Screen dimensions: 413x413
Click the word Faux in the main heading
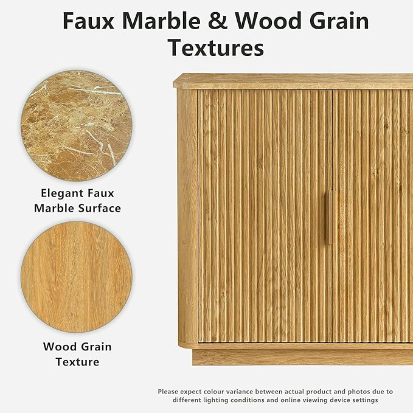coord(89,21)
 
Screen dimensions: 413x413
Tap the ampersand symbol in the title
coord(218,21)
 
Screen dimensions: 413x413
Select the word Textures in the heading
coord(216,47)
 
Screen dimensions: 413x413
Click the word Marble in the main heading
coord(161,21)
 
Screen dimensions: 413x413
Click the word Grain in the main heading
coord(339,21)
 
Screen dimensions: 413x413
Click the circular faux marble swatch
coord(77,125)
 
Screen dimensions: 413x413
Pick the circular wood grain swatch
coord(77,277)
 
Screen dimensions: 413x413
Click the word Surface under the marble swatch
coord(100,209)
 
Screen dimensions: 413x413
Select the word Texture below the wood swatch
coord(77,362)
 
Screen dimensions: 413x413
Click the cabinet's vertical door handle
coord(330,217)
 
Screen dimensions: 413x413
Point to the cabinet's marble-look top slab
coord(293,81)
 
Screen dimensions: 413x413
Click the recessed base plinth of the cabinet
coord(303,357)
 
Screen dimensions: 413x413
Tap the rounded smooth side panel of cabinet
coord(187,216)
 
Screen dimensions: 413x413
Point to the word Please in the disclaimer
coord(168,392)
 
